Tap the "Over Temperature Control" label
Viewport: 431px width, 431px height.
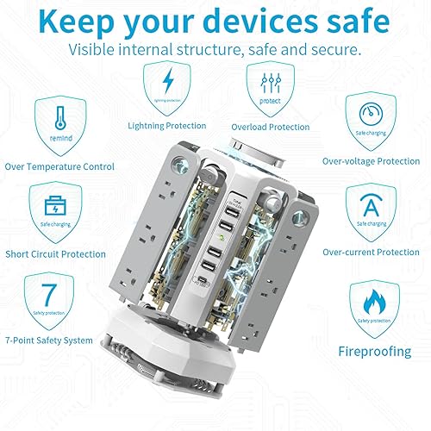[59, 166]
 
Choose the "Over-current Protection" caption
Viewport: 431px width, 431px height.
[371, 252]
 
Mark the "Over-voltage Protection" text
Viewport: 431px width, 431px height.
[371, 160]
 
